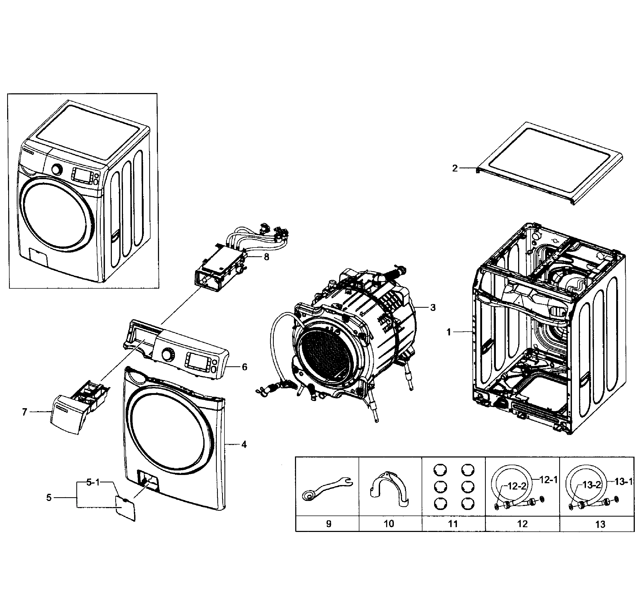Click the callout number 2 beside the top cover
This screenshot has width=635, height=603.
(x=455, y=168)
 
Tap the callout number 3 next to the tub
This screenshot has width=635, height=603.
(x=433, y=308)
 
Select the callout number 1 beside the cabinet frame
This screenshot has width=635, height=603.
(x=449, y=332)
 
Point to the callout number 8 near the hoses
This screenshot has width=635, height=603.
(x=266, y=257)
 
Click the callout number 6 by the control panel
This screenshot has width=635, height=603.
(x=245, y=367)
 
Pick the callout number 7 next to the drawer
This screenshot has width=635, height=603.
(x=24, y=412)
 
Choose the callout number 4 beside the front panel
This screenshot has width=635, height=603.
(x=244, y=445)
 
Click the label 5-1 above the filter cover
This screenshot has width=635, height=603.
(x=93, y=482)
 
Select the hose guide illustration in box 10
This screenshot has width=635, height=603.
(x=389, y=490)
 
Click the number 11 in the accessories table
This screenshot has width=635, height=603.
(x=453, y=524)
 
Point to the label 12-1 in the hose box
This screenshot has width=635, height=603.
(x=548, y=480)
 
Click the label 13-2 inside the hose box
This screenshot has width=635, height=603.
(x=592, y=485)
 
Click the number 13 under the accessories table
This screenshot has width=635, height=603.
(x=600, y=525)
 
